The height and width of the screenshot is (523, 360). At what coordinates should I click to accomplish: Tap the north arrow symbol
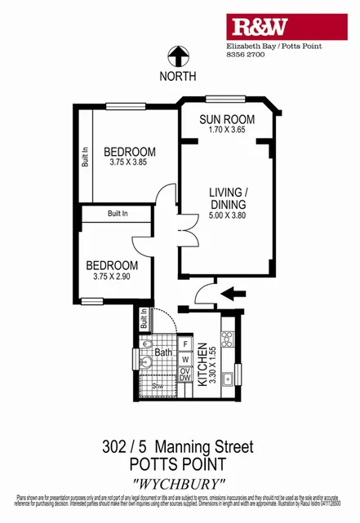click(177, 56)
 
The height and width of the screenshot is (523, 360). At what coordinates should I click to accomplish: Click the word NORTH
click(178, 77)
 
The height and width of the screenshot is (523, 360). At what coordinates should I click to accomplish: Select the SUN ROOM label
click(228, 120)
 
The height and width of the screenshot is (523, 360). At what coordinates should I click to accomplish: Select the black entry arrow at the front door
click(233, 291)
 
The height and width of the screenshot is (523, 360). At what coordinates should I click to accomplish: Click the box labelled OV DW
click(185, 374)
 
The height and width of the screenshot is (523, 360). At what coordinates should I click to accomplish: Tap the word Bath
click(163, 352)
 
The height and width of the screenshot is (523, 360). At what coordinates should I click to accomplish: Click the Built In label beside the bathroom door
click(144, 318)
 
